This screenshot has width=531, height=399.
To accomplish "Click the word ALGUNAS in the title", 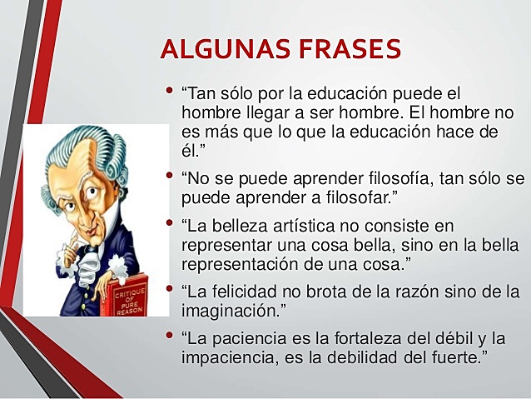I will tap(219, 49).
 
